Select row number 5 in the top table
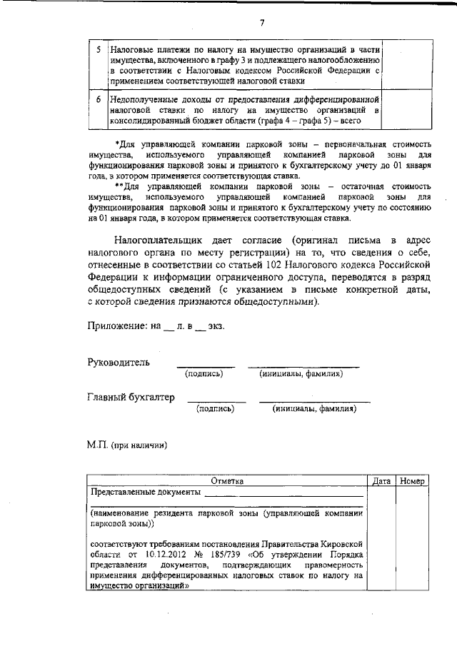99,51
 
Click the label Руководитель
119,363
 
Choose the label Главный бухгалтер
131,398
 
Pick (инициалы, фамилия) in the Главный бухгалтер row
314,409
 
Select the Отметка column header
228,481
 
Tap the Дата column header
381,481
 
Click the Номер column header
413,481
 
